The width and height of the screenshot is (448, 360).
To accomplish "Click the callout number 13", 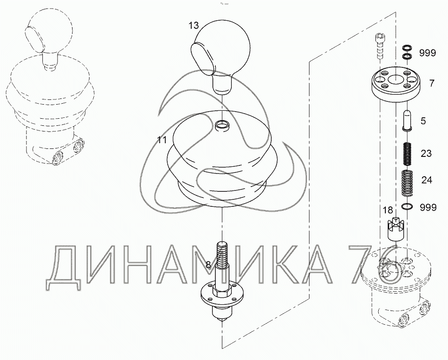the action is point(194,25).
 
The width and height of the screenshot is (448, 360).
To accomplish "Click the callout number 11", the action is point(162,140).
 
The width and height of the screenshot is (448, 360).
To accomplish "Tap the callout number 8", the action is point(208,265).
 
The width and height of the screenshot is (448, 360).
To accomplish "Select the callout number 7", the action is point(432,83).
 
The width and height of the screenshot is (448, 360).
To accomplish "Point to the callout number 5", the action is point(423,121).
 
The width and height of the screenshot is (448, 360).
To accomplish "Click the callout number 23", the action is point(426,154).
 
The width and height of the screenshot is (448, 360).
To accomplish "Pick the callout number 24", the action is point(427,180).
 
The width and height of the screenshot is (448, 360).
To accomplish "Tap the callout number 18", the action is point(388,210).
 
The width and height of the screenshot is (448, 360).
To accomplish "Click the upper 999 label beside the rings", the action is point(427,53).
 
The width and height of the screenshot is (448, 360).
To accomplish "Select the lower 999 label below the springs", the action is point(428,207).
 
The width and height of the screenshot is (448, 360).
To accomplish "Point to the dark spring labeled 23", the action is point(407,154).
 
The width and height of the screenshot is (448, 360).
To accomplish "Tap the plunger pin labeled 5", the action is point(407,121).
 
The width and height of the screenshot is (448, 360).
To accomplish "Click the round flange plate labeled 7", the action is point(395,85).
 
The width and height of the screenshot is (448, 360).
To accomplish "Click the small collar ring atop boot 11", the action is point(222,125).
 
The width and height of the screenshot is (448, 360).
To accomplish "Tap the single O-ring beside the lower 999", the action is point(407,206).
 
